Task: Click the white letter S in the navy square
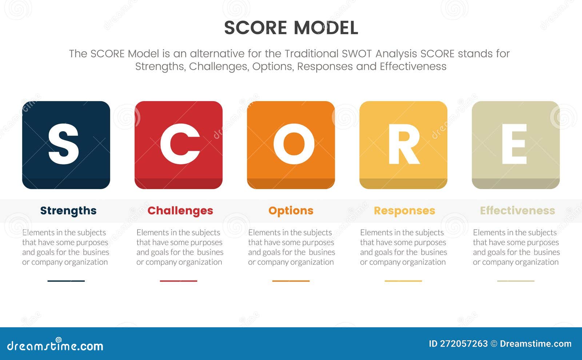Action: tap(63, 144)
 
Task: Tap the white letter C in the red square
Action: tap(180, 144)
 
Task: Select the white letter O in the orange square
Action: tap(294, 144)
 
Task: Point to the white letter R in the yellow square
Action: tap(404, 144)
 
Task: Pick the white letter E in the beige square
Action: tap(514, 144)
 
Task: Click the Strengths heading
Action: tap(68, 211)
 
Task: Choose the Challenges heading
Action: tap(180, 211)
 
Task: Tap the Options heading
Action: tap(291, 211)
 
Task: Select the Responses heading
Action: tap(404, 211)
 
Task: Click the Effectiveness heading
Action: tap(517, 211)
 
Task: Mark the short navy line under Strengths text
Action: tap(66, 281)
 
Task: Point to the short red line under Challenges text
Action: tap(178, 281)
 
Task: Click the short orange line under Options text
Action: tap(291, 281)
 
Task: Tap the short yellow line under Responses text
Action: tap(403, 281)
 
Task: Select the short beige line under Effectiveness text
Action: tap(515, 281)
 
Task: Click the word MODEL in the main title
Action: tap(326, 28)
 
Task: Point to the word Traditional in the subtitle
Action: tap(311, 54)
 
